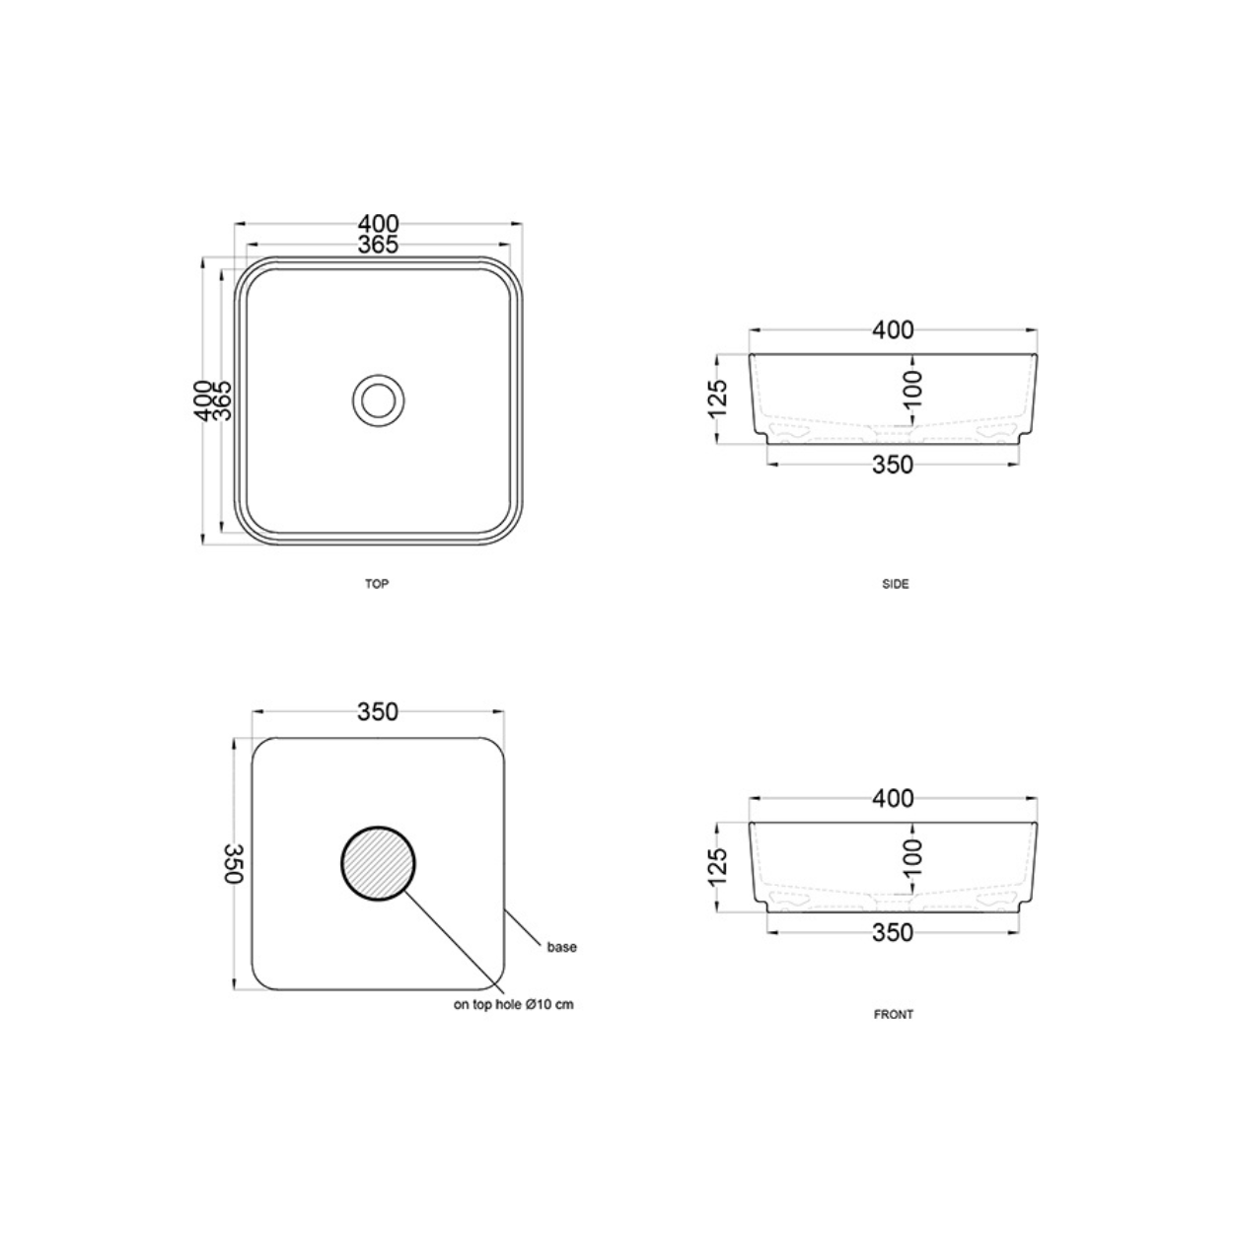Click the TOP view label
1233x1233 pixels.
376,584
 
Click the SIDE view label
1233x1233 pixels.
895,584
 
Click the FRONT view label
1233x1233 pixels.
894,1014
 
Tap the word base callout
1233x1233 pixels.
562,947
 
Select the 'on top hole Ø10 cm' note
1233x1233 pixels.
514,1004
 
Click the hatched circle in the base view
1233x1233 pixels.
378,863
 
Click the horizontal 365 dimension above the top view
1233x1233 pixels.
378,245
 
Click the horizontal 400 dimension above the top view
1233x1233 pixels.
378,223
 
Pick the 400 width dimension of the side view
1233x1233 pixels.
894,330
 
